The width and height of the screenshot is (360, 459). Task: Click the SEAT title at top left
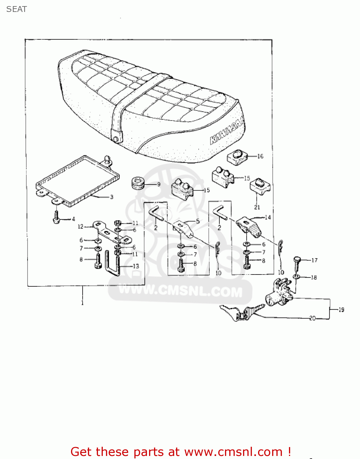pos(17,9)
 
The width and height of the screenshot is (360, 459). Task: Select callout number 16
pos(260,156)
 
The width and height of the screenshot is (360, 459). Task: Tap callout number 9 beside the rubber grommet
pos(159,184)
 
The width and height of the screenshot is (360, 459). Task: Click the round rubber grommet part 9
pos(138,183)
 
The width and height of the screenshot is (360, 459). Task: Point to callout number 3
pos(111,197)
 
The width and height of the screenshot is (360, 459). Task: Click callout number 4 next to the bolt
pos(73,219)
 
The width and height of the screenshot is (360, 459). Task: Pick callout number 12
pos(80,227)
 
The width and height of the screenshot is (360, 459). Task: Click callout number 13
pos(136,266)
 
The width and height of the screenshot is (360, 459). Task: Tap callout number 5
pos(197,221)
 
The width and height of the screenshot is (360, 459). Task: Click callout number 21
pos(257,207)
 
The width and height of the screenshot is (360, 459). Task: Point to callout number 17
pos(314,260)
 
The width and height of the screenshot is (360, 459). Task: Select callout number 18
pos(314,277)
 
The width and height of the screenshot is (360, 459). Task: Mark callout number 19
pos(341,310)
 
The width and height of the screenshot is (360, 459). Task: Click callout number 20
pos(312,318)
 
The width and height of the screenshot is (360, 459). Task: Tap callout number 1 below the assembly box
pos(82,303)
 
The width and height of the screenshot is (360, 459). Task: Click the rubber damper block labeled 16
pos(237,157)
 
